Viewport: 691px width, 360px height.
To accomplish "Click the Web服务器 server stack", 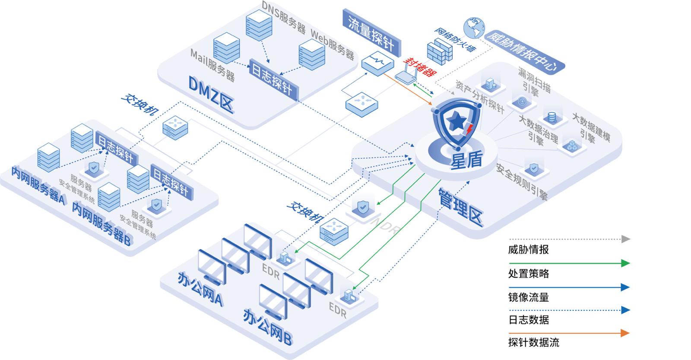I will (x=312, y=54).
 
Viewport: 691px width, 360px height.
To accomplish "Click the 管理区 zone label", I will (x=460, y=207).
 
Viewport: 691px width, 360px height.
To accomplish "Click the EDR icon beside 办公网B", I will (x=348, y=296).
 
